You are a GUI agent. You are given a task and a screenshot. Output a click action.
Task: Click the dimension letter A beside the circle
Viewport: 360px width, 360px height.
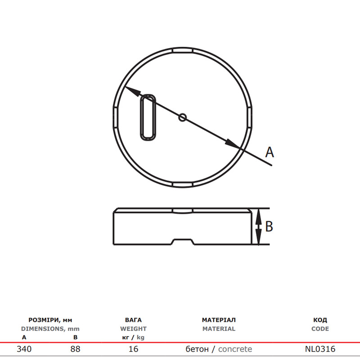(x=270, y=152)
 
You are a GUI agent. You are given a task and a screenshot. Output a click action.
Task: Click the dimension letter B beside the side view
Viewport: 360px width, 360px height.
(x=269, y=226)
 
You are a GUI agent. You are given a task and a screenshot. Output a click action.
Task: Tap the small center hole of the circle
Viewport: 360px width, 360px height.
(x=183, y=117)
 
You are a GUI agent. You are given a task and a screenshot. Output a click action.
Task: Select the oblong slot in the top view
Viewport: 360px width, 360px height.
(x=148, y=117)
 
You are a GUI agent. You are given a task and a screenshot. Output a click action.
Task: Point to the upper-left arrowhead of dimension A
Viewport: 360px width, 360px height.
(x=133, y=91)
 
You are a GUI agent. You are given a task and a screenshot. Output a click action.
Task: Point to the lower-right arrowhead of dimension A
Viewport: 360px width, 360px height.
(x=232, y=144)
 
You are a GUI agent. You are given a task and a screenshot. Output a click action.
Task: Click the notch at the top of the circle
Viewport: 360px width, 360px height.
(x=183, y=50)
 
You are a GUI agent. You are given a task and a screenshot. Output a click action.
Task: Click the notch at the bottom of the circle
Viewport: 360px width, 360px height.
(x=183, y=185)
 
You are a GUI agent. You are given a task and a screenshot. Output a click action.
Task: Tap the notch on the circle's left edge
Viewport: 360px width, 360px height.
(x=116, y=117)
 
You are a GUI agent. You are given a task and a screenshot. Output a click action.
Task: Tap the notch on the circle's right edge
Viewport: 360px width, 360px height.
(x=250, y=117)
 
